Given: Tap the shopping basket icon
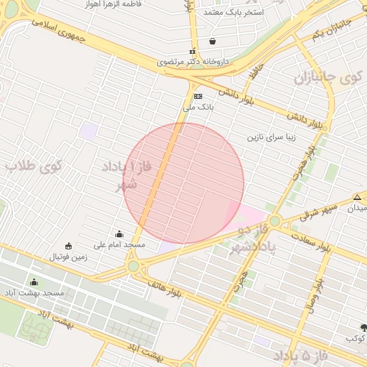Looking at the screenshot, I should click(212, 42).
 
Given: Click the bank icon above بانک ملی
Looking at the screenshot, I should click(198, 96).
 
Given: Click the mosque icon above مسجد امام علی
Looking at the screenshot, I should click(119, 234).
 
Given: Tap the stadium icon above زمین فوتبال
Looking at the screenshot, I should click(68, 246).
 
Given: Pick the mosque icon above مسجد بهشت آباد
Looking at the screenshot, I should click(34, 282).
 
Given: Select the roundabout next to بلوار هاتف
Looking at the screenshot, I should click(133, 266).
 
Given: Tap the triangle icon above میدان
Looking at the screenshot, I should click(357, 197).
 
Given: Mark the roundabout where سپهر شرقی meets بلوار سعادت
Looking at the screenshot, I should click(275, 221).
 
